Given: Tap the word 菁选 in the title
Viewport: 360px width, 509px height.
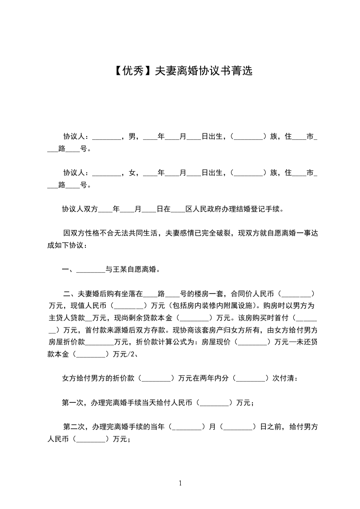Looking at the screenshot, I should click(241, 71).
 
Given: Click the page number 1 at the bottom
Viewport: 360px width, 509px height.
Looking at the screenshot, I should click(180, 483).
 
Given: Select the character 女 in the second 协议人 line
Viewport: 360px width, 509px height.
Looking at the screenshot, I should click(133, 173).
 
